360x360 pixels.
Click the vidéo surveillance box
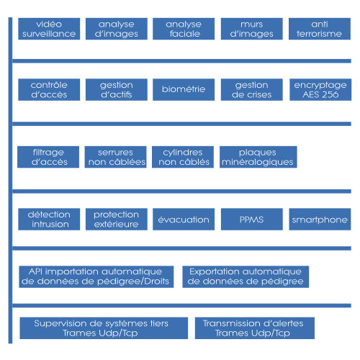point(49,29)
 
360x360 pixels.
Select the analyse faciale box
point(184,29)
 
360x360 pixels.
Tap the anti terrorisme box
point(320,29)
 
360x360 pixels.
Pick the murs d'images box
point(252,29)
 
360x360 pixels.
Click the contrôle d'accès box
point(49,89)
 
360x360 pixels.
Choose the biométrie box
point(184,89)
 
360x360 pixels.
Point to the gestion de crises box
point(252,89)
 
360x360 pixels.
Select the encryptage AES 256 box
point(320,89)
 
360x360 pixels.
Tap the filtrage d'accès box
point(48,157)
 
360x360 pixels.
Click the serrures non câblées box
point(116,157)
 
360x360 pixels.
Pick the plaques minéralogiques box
point(258,157)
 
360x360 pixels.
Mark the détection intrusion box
point(49,220)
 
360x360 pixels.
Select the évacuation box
point(184,220)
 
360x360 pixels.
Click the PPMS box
point(252,220)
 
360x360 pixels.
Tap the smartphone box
point(320,220)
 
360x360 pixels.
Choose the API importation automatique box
point(96,276)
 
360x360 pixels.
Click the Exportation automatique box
point(246,276)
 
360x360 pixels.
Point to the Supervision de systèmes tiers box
point(104,328)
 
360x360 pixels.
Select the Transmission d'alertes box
point(255,328)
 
